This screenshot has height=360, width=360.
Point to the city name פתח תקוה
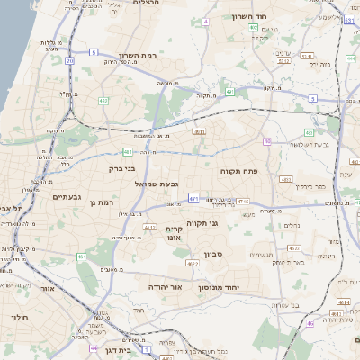pyautogui.click(x=238, y=170)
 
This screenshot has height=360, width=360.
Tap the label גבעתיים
pyautogui.click(x=67, y=197)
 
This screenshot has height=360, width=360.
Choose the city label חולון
pyautogui.click(x=20, y=317)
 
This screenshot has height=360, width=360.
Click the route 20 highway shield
pyautogui.click(x=70, y=60)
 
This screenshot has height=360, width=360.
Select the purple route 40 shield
pyautogui.click(x=267, y=141)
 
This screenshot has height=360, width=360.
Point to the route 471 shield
pyautogui.click(x=194, y=198)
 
